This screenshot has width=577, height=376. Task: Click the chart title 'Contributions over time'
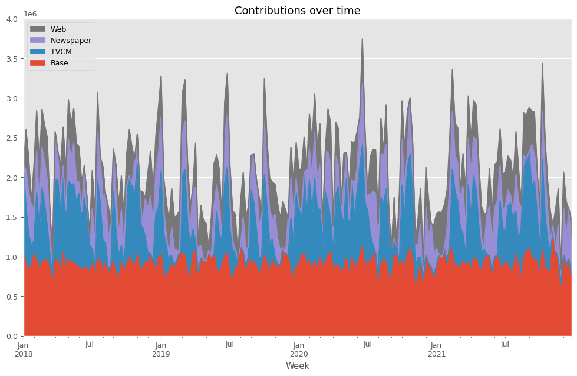(297, 11)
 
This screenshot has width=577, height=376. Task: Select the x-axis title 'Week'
(298, 365)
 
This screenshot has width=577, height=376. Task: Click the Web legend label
(59, 29)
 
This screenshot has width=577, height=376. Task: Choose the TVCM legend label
(61, 52)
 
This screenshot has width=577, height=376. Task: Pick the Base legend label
(60, 63)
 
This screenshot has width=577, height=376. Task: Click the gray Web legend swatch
(38, 29)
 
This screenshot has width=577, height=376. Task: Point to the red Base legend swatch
(38, 63)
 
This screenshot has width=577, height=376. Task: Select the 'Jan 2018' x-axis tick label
(24, 349)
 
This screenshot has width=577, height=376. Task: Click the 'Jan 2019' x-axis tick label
(161, 349)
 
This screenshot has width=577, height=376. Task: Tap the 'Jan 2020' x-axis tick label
(299, 349)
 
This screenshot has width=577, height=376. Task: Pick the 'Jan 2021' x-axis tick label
(437, 349)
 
